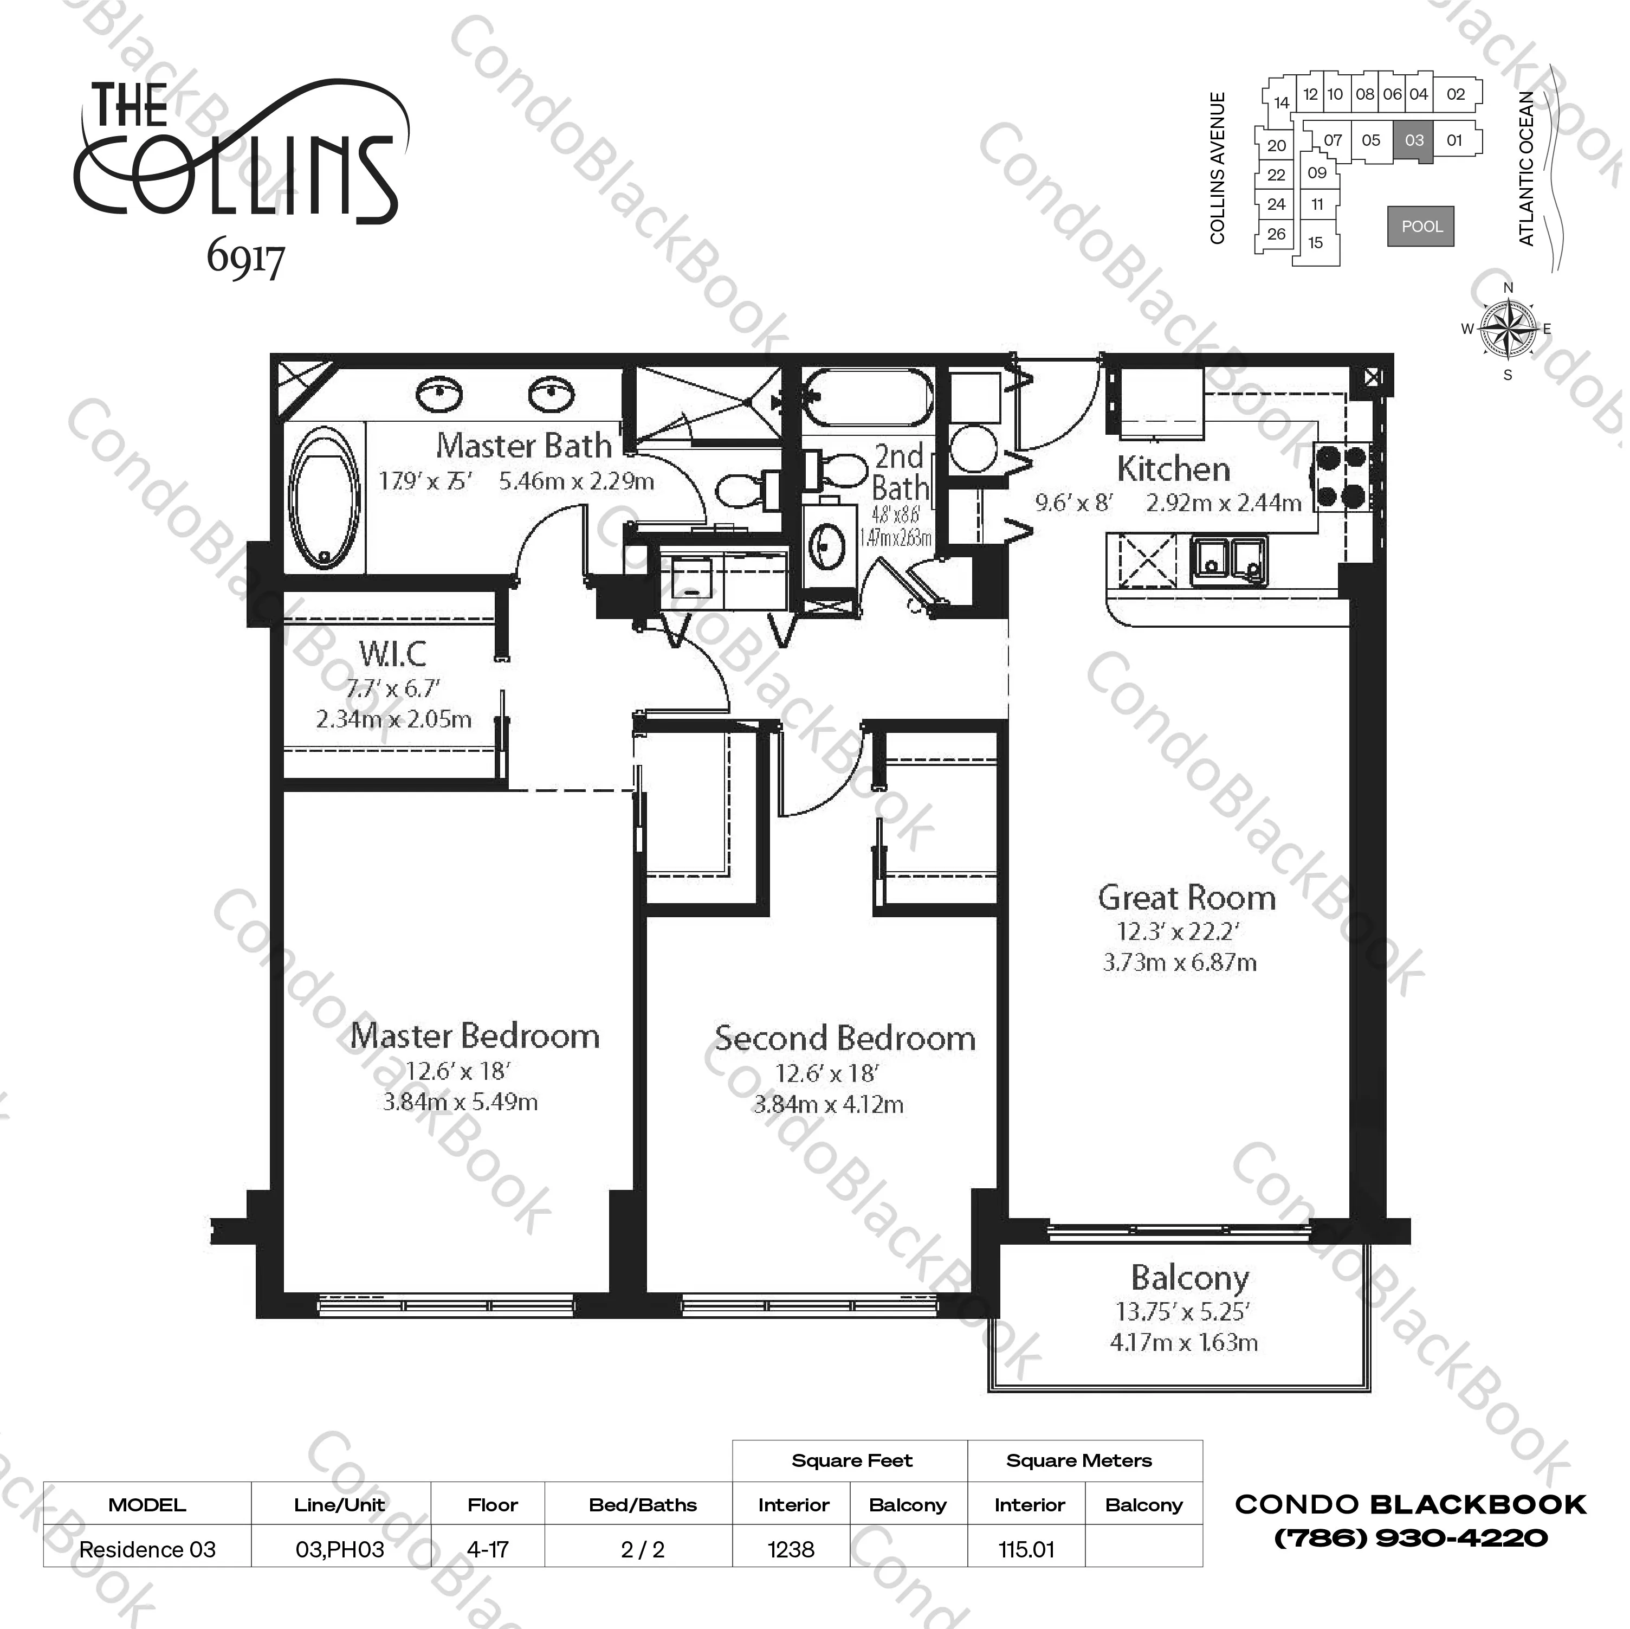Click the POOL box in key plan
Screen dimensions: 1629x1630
1421,226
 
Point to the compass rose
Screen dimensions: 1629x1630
1508,329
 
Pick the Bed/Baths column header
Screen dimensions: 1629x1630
643,1505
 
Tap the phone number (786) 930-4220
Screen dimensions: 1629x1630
1411,1538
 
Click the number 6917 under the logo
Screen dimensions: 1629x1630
245,258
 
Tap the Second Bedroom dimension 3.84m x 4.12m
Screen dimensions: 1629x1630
827,1104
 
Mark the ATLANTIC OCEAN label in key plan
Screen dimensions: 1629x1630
1526,169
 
